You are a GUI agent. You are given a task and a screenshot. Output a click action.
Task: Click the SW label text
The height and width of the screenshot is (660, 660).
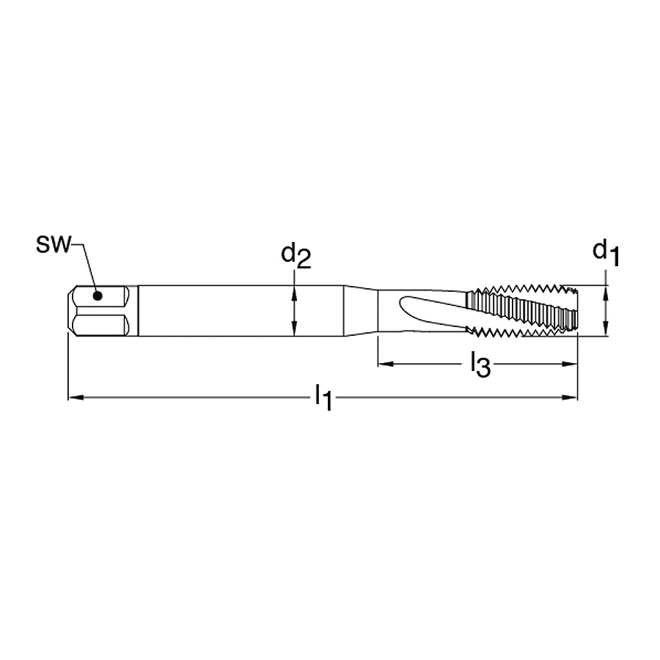[52, 244]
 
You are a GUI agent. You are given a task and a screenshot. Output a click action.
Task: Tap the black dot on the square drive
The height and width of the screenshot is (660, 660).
[98, 296]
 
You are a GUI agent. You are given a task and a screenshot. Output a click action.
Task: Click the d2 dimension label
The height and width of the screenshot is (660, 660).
[296, 255]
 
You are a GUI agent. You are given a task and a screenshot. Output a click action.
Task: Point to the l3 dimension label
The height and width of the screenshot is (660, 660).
[480, 364]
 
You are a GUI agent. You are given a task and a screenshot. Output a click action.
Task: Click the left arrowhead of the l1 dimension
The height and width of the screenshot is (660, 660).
[76, 397]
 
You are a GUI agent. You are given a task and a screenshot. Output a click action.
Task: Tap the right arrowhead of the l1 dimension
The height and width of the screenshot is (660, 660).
[570, 397]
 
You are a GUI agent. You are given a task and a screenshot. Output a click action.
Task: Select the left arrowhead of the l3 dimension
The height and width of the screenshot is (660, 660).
[386, 364]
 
